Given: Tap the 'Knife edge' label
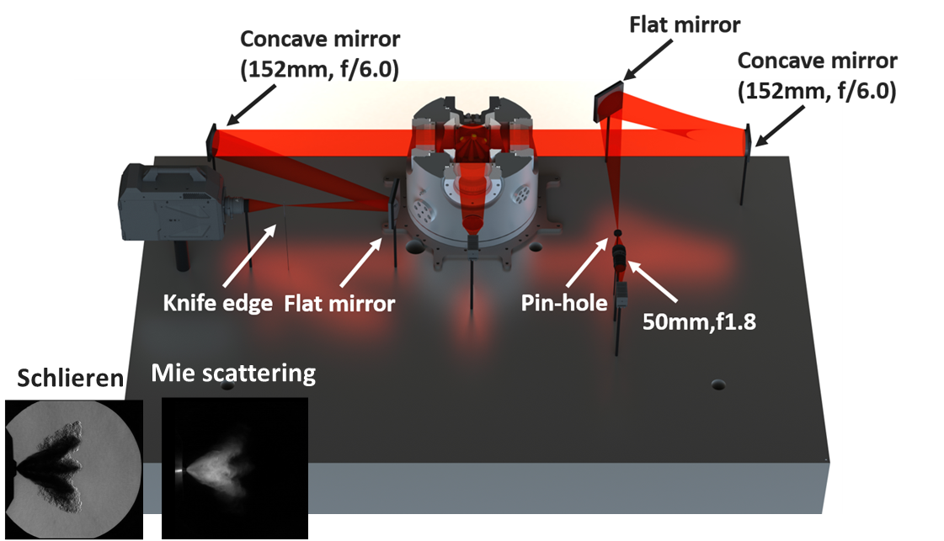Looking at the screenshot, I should click(x=217, y=303).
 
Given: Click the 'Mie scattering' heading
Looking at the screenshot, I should click(x=233, y=373).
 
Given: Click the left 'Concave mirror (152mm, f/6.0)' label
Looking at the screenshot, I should click(x=319, y=54).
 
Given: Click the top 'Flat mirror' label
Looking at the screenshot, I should click(x=685, y=24).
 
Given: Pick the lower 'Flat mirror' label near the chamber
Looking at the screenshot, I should click(x=339, y=303).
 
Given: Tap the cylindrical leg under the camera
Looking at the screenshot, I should click(x=182, y=253).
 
